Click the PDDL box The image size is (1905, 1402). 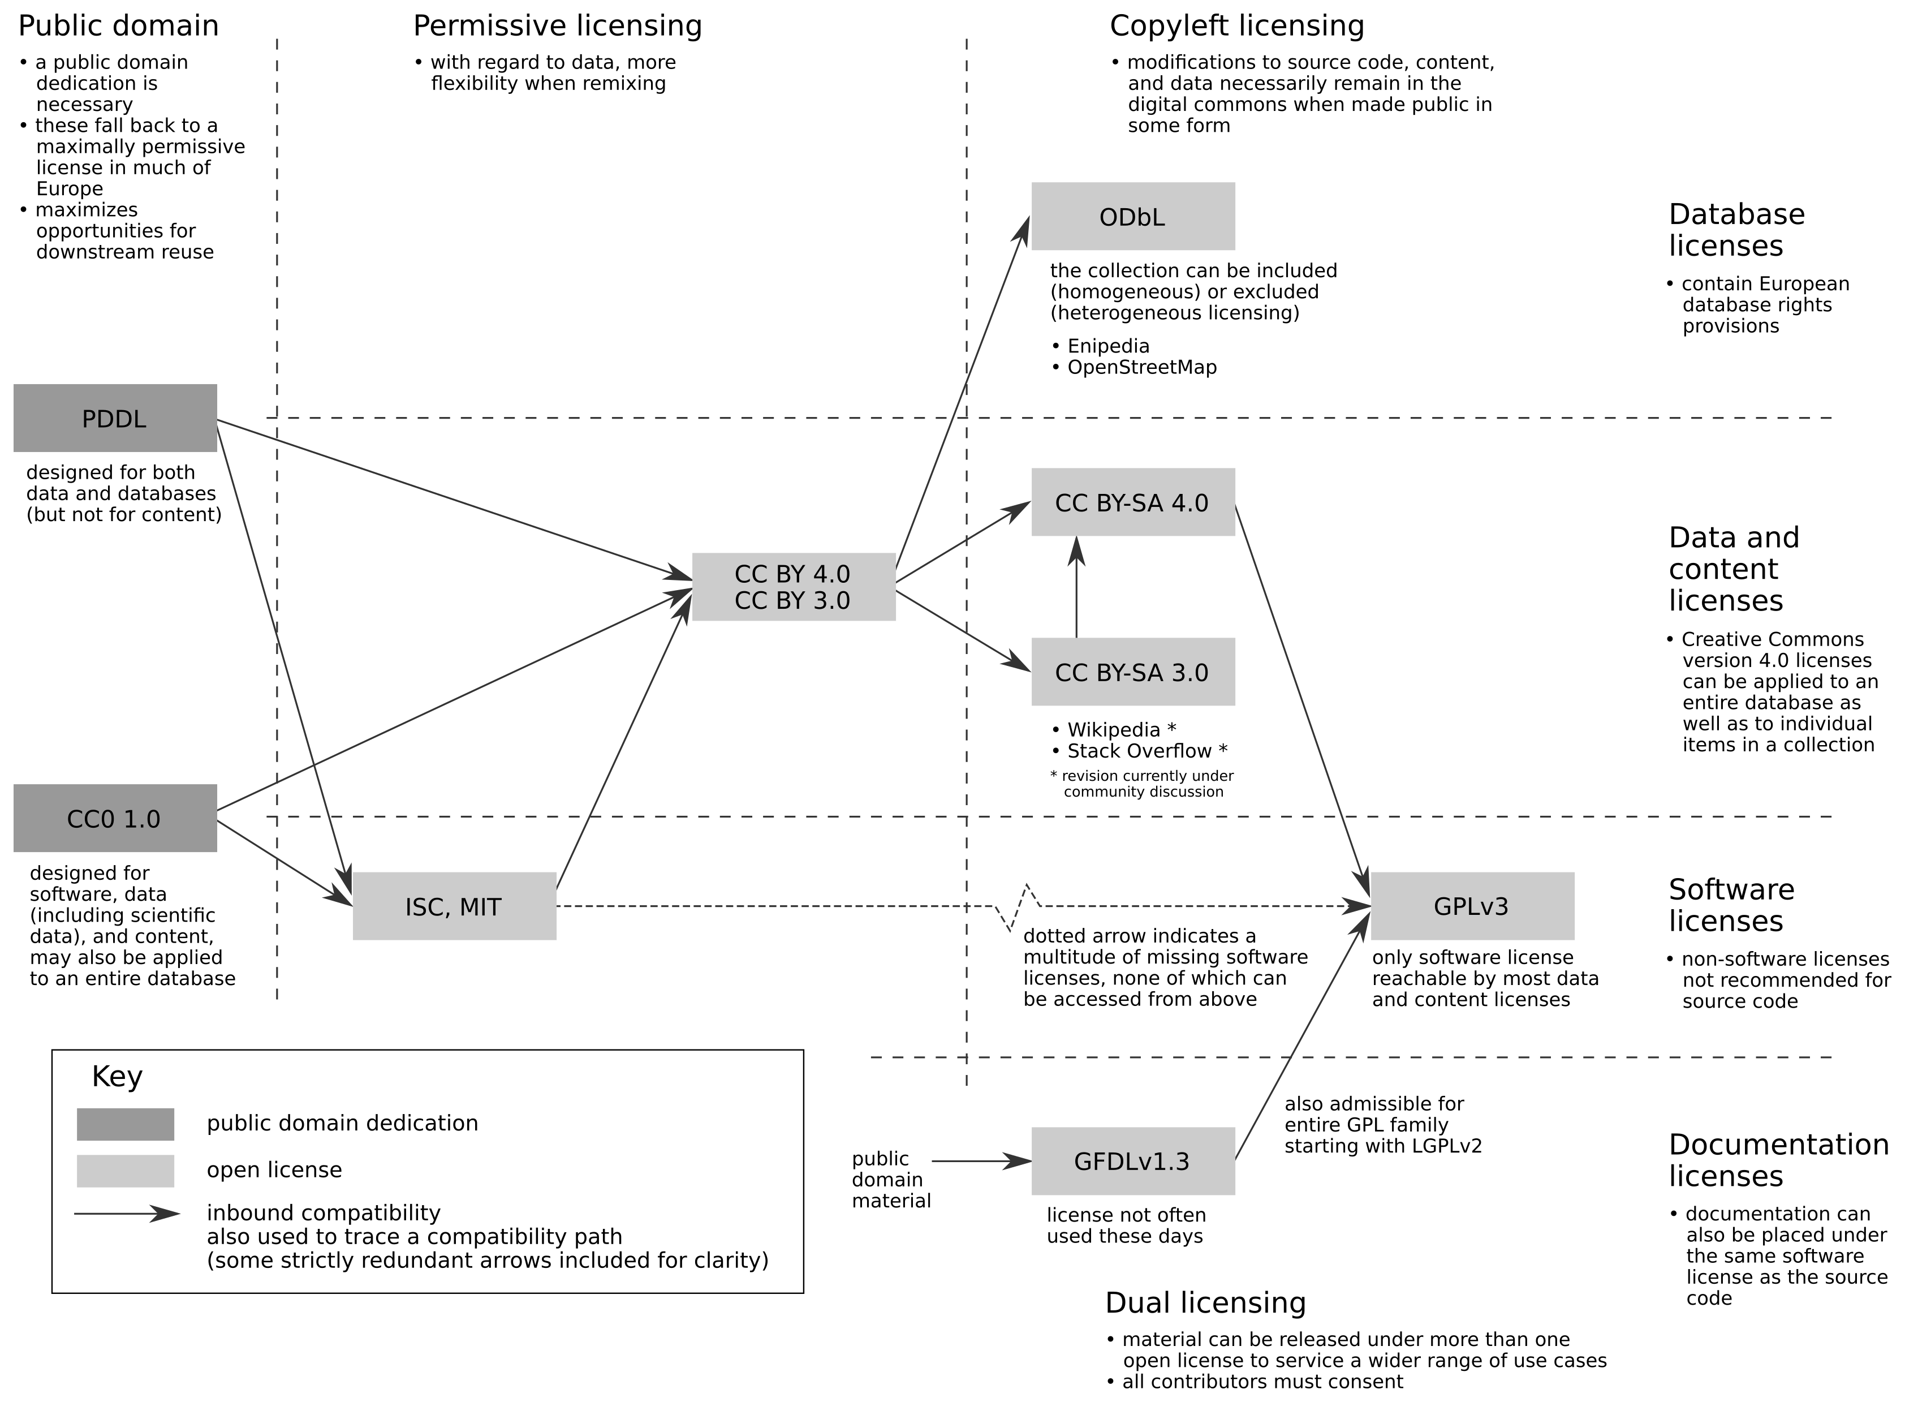coord(115,418)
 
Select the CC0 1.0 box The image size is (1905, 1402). coord(115,818)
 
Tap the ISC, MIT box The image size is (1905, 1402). coord(455,905)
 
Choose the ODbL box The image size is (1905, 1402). coord(1133,216)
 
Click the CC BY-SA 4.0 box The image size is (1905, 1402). coord(1133,501)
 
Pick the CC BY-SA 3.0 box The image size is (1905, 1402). coord(1133,671)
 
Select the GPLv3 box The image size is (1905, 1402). coord(1472,905)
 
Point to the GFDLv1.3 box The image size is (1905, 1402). coord(1133,1161)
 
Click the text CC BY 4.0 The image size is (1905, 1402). coord(792,575)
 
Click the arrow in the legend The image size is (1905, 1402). coord(127,1214)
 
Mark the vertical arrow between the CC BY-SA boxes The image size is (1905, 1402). coord(1076,587)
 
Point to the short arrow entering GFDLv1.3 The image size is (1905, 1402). coord(981,1161)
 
